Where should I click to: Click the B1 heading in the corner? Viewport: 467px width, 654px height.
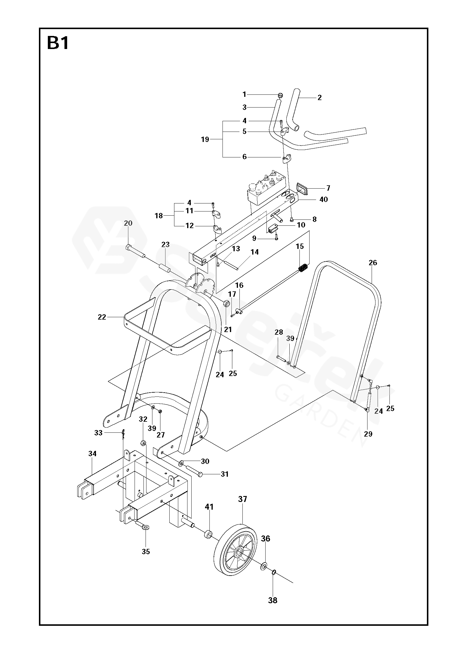58,43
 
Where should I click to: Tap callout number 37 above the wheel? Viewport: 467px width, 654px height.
242,499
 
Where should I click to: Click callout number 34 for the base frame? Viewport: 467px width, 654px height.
92,454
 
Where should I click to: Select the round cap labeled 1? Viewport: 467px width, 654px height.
280,95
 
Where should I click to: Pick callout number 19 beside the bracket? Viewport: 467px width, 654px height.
205,139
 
